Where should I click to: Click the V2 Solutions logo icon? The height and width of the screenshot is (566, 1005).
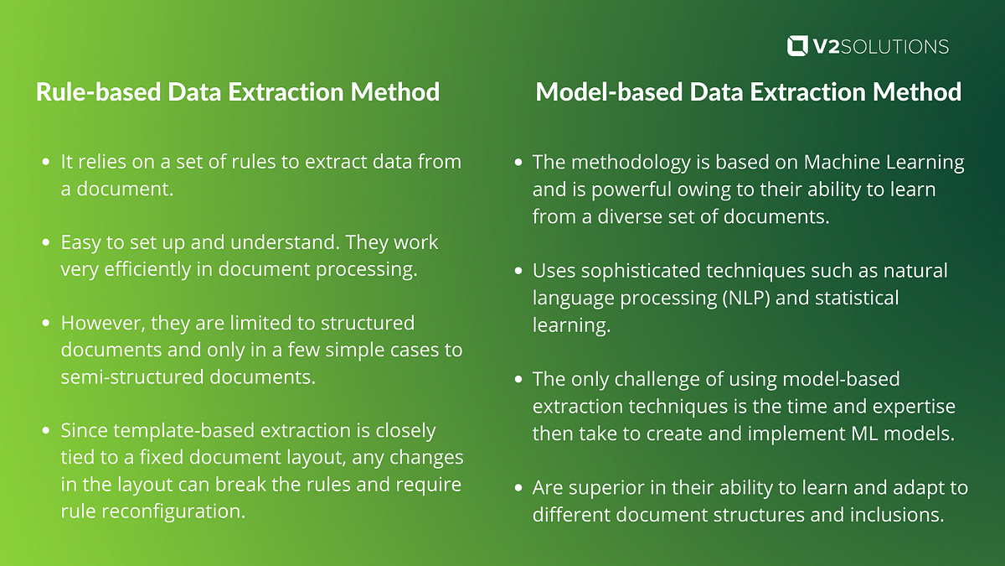[798, 45]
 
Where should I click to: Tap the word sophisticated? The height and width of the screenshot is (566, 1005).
[647, 271]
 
